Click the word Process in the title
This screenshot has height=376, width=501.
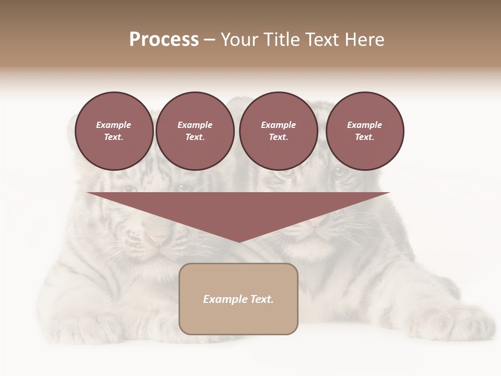coord(164,40)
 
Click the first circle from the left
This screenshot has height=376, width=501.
coord(114,131)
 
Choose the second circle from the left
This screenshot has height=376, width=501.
coord(195,131)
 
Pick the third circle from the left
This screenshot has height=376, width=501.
coord(278,131)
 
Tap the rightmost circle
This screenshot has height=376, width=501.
coord(365,131)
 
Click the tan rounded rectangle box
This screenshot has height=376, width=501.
coord(238,299)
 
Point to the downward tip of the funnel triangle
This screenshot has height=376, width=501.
coord(238,242)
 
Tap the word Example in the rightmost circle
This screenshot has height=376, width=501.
coord(365,125)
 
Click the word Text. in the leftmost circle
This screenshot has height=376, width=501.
coord(114,137)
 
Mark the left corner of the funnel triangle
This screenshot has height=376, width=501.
coord(88,193)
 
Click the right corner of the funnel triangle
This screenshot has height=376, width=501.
coord(389,193)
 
